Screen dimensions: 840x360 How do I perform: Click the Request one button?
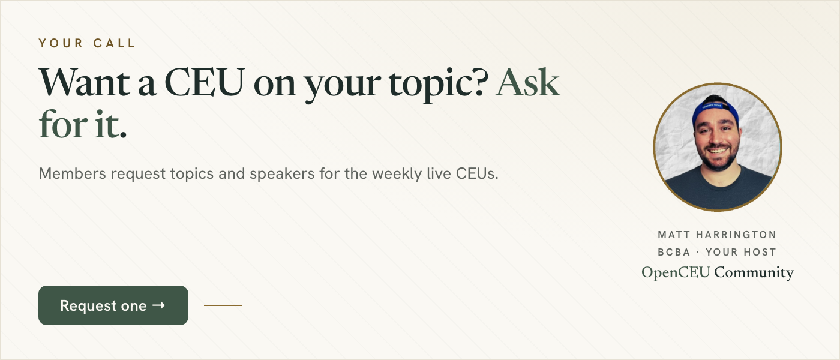point(113,305)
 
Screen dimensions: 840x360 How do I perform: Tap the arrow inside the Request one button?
point(158,305)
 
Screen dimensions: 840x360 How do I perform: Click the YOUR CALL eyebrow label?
point(86,43)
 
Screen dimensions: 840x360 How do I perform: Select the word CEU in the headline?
point(205,82)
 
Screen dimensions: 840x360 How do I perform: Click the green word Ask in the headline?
point(528,82)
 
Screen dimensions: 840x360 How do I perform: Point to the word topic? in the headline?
point(439,84)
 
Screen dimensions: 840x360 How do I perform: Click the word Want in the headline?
point(85,82)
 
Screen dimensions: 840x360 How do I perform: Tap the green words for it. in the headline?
point(83,124)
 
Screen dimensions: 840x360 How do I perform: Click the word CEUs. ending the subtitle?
point(477,173)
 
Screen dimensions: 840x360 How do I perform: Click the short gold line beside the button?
point(223,305)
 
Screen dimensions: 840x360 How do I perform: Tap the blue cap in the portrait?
point(715,109)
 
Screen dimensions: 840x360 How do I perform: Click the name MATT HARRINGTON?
point(717,235)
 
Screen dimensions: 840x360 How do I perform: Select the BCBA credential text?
point(674,252)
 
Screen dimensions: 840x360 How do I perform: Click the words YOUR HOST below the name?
point(740,252)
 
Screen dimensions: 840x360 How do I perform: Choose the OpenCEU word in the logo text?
point(676,272)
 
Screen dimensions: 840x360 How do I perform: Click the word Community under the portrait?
point(754,272)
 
